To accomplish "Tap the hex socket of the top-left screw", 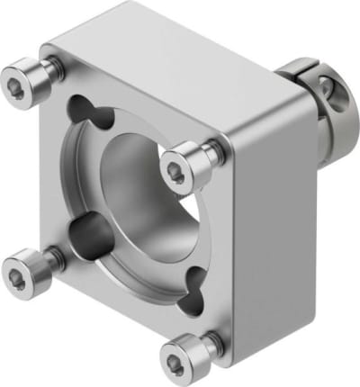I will (x=21, y=84).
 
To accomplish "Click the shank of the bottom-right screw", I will (x=210, y=341).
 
